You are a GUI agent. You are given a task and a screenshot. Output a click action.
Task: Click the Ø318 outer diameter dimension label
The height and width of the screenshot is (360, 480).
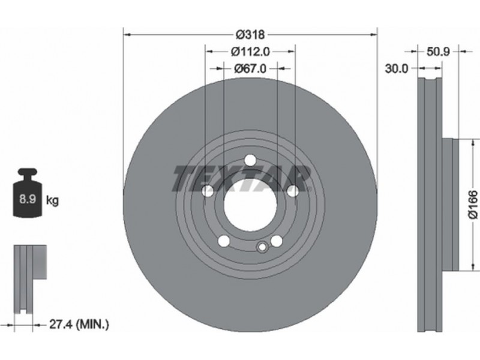pos(250,35)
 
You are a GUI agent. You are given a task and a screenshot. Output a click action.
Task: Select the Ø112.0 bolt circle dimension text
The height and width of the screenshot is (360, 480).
pos(250,52)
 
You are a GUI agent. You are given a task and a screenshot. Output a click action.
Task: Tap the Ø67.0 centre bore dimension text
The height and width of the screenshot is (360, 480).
pos(250,68)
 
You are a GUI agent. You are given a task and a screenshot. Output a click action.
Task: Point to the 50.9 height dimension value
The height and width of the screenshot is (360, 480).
pos(438,52)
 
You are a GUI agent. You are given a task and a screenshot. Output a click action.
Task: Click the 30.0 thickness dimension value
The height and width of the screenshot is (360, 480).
pos(397,68)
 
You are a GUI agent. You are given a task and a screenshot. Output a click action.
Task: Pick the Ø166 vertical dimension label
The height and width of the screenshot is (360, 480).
pos(473,205)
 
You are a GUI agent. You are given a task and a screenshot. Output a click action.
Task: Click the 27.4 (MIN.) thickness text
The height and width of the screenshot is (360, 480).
pos(79,324)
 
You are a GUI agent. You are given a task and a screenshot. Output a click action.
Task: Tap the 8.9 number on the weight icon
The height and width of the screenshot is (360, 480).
pos(28,199)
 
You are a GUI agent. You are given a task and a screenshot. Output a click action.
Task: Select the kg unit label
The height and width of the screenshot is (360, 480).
pos(52,201)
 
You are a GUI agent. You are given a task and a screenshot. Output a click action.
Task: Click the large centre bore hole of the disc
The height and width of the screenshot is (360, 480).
pos(250,205)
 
